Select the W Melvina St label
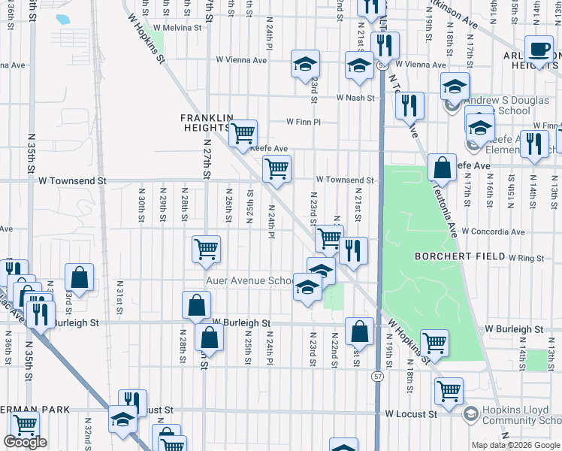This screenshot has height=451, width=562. (178, 27)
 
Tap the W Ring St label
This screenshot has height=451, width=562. (526, 258)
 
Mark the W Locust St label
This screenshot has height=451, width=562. (411, 413)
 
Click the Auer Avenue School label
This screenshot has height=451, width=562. (249, 281)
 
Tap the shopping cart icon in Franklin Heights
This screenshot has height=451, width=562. (242, 134)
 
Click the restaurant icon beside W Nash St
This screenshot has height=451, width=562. (409, 105)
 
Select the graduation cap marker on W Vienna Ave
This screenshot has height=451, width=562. (305, 65)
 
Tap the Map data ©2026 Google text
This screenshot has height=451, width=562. (515, 445)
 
